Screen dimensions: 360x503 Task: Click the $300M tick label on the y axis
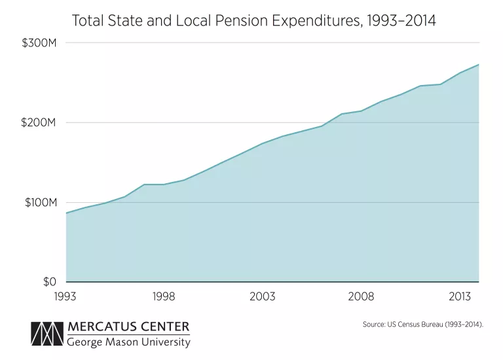coord(42,43)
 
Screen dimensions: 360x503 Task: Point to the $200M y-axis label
coord(42,123)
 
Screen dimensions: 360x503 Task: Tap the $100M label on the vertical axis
coord(42,203)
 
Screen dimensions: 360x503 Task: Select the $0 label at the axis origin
coord(50,282)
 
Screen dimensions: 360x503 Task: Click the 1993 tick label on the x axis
coord(65,297)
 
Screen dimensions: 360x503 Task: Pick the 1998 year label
coord(164,297)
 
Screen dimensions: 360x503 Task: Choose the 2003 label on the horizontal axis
coord(263,297)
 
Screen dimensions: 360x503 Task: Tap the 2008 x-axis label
coord(361,297)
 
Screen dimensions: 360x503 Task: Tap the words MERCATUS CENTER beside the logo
coord(128,327)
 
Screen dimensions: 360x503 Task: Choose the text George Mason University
coord(128,342)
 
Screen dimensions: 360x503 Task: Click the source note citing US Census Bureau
coord(422,324)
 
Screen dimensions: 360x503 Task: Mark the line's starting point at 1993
coord(66,213)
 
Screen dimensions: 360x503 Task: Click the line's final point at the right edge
coord(479,64)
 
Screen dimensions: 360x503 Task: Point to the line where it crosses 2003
coord(263,143)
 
